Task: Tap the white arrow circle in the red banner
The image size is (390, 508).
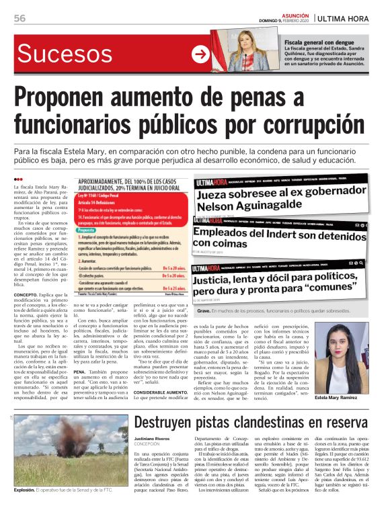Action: tap(200, 54)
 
